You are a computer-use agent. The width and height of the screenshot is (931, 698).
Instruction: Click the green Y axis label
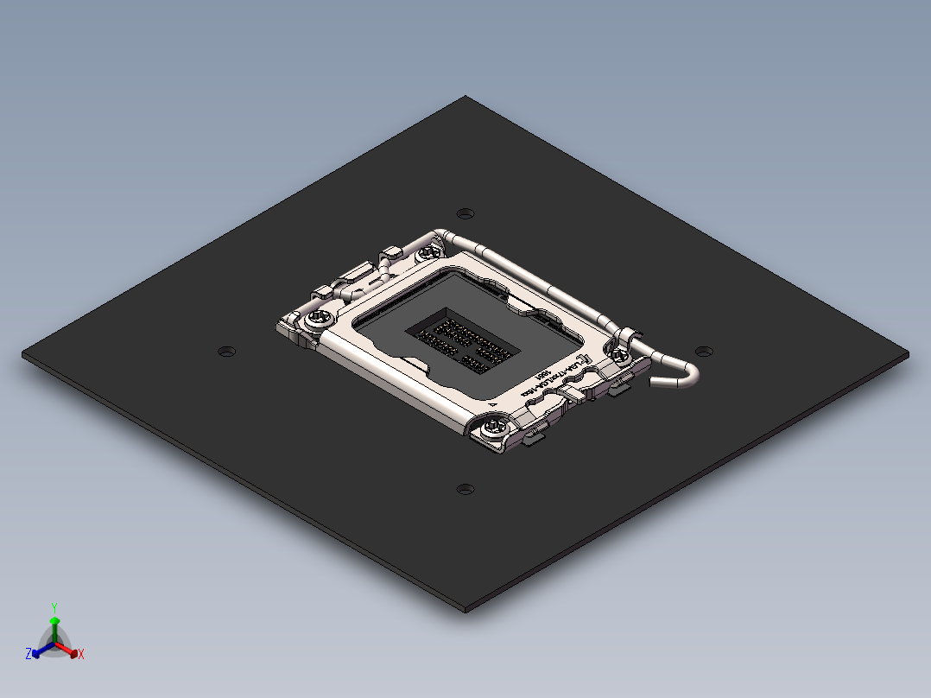click(54, 607)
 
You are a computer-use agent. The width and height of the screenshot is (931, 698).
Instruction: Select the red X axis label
click(81, 655)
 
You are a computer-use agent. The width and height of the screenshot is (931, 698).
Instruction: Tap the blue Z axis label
click(28, 655)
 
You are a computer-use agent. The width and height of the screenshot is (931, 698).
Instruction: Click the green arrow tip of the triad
click(54, 621)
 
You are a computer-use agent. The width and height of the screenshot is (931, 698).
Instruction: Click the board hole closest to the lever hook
click(705, 352)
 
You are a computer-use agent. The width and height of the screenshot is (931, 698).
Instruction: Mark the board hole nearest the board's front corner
click(465, 489)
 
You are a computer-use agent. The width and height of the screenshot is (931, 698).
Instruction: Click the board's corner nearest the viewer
click(466, 609)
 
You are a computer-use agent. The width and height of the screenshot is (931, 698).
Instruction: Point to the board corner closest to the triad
click(24, 354)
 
